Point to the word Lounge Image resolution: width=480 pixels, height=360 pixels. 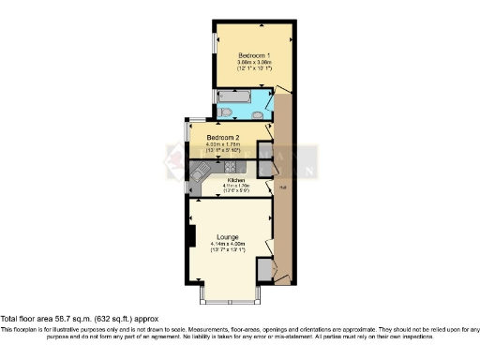point(227,236)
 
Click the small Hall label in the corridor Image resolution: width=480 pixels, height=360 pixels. point(281,187)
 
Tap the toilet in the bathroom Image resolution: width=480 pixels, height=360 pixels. point(226,112)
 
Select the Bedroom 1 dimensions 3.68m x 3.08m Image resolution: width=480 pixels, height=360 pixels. point(253,61)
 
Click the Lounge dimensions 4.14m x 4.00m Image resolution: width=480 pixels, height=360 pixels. point(227,244)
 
